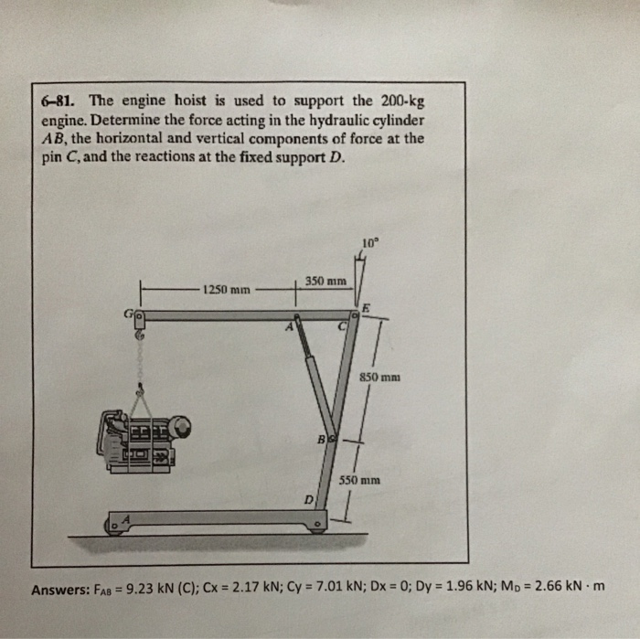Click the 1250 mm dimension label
tap(229, 290)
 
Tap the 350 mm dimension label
tap(325, 281)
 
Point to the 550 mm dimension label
tap(359, 479)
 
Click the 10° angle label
tap(368, 244)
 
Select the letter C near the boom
tap(342, 325)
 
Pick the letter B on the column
tap(321, 440)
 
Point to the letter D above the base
tap(309, 498)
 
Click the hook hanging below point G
tap(140, 336)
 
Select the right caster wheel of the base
tap(317, 527)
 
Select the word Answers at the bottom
tap(58, 589)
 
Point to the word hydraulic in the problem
tap(327, 120)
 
